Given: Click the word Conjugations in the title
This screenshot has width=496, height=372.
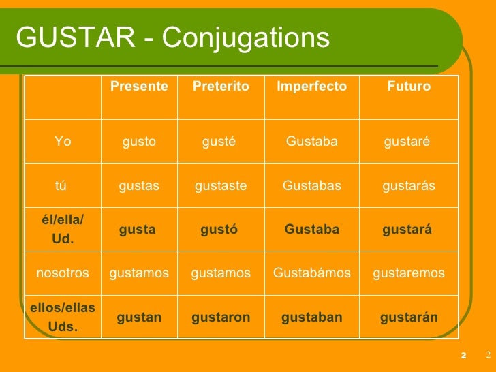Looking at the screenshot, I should tap(246, 39).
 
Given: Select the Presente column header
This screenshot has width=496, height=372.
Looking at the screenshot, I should tap(139, 87).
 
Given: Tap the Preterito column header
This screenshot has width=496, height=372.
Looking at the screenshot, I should tap(221, 87).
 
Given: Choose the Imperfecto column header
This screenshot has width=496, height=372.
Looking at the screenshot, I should tap(311, 87).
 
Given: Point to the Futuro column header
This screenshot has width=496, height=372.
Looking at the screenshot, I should tap(409, 87).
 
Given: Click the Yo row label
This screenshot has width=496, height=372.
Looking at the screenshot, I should tap(63, 142).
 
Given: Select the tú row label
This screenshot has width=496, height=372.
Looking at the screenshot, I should tap(61, 186).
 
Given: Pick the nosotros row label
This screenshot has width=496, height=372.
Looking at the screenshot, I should tap(63, 273).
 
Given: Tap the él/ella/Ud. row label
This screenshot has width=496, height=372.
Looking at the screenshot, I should tap(63, 230).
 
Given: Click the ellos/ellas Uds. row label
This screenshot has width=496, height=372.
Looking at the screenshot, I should tap(63, 317).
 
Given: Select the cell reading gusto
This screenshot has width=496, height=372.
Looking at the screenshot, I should tap(139, 142).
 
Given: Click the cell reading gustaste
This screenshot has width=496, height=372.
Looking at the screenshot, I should tap(221, 186).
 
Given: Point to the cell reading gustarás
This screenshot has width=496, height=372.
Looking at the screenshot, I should tap(409, 186).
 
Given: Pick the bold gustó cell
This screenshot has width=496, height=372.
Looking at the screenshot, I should tap(219, 230).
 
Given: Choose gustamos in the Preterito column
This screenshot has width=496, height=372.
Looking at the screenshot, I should tap(221, 273).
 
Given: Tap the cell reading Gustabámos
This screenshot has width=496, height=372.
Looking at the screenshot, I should tap(312, 273).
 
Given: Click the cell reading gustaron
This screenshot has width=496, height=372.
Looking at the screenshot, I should tap(221, 317).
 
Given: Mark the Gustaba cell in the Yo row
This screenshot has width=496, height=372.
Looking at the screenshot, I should tap(312, 142).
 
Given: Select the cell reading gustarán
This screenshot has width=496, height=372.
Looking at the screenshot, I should tap(409, 317).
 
